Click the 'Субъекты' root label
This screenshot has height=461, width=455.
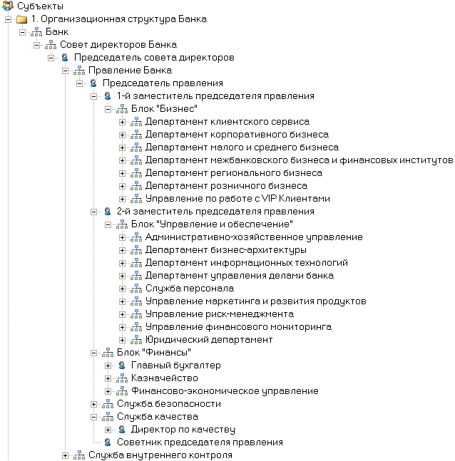pyautogui.click(x=39, y=6)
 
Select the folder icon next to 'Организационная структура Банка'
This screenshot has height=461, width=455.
pyautogui.click(x=22, y=19)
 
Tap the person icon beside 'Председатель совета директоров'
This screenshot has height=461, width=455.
pyautogui.click(x=65, y=58)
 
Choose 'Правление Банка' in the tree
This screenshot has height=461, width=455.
pyautogui.click(x=129, y=71)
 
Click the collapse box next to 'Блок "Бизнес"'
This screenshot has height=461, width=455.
pyautogui.click(x=108, y=109)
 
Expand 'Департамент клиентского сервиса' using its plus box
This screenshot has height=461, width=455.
pyautogui.click(x=123, y=122)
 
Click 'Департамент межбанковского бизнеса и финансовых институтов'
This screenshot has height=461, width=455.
pyautogui.click(x=299, y=160)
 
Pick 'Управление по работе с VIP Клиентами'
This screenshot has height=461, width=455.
pyautogui.click(x=237, y=199)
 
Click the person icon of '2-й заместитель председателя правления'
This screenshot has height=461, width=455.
pyautogui.click(x=108, y=212)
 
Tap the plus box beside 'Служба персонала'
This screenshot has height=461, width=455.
pyautogui.click(x=123, y=289)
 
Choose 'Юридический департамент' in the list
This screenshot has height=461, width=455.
pyautogui.click(x=208, y=340)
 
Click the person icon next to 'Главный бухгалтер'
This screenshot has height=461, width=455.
pyautogui.click(x=122, y=366)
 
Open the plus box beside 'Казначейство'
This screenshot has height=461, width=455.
pyautogui.click(x=108, y=378)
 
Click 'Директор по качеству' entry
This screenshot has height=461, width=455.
pyautogui.click(x=183, y=430)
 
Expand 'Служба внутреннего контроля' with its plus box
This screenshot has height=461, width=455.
pyautogui.click(x=66, y=455)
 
